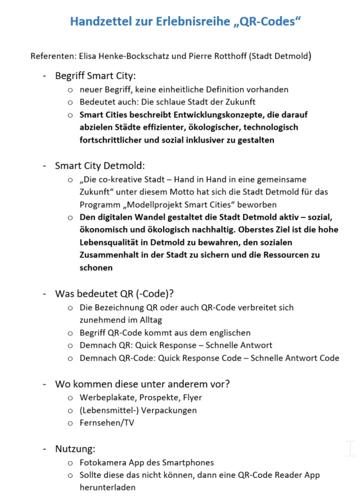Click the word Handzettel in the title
coord(102,22)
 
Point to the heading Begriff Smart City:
coord(95,76)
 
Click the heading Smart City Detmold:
coord(99,166)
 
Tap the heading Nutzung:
coord(75,448)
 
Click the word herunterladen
coord(107,488)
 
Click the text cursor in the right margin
coord(350,448)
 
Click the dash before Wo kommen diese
coord(44,384)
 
